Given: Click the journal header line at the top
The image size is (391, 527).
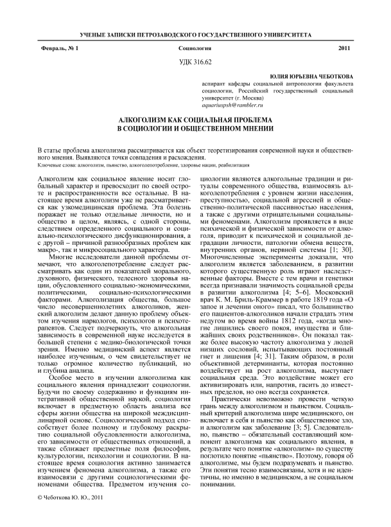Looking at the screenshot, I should [x=195, y=32].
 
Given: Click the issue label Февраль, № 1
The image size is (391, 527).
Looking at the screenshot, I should [x=58, y=49].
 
